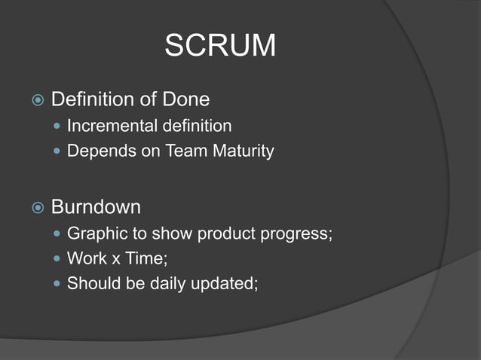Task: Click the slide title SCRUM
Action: (x=220, y=47)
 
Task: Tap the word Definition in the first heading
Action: (x=89, y=99)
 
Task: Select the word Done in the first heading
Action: (x=185, y=99)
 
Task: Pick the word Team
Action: (x=176, y=151)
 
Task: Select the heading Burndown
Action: (x=96, y=206)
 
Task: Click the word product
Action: (x=224, y=233)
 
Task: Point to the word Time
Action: (x=143, y=258)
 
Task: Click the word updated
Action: (x=222, y=284)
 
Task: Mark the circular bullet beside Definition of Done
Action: (x=37, y=100)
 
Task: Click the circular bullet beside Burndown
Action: (x=37, y=207)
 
